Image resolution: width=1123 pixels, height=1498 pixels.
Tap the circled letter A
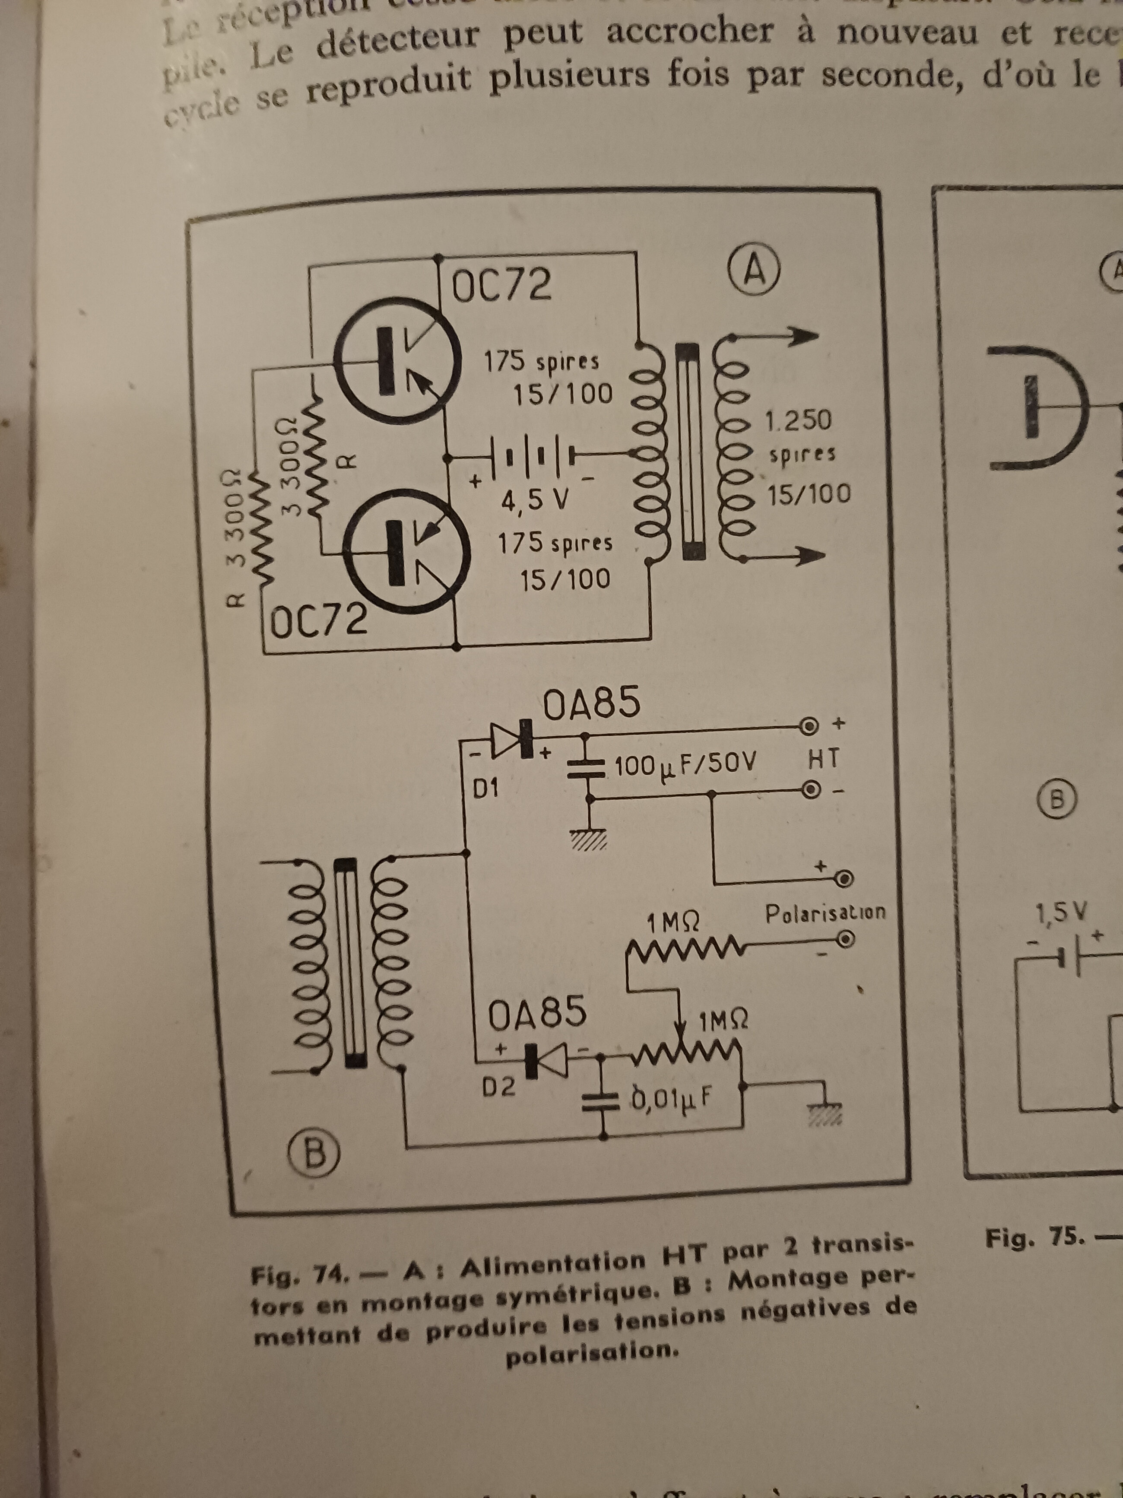(x=754, y=270)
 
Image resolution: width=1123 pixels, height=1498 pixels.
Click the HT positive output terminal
(x=808, y=727)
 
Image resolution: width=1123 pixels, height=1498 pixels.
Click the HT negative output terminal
(x=810, y=790)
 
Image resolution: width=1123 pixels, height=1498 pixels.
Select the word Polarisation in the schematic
(x=825, y=913)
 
